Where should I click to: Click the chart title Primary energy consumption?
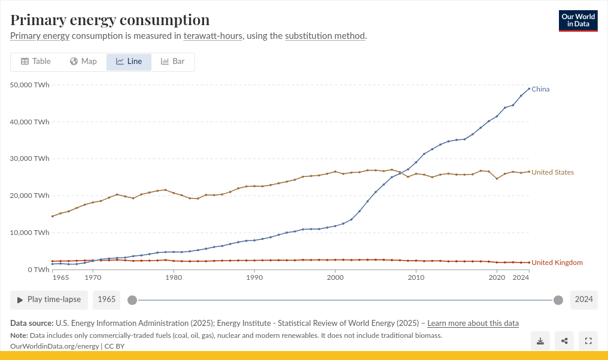point(110,20)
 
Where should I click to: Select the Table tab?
point(36,62)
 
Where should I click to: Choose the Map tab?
point(83,62)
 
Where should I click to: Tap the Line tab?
point(129,62)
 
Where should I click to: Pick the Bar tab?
point(173,62)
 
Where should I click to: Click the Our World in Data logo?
point(578,21)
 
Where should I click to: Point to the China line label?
point(540,89)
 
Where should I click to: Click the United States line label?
point(552,172)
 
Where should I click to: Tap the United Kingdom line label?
point(557,263)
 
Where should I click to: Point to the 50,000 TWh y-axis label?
point(30,85)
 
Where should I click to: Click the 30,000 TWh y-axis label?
point(30,158)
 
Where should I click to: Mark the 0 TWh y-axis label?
point(38,270)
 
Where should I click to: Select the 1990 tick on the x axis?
point(254,278)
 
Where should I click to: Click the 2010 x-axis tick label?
point(416,278)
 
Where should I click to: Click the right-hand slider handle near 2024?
point(558,300)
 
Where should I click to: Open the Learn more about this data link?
point(473,323)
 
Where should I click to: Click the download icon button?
point(540,341)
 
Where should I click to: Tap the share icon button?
point(564,341)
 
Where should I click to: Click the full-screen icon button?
point(588,341)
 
